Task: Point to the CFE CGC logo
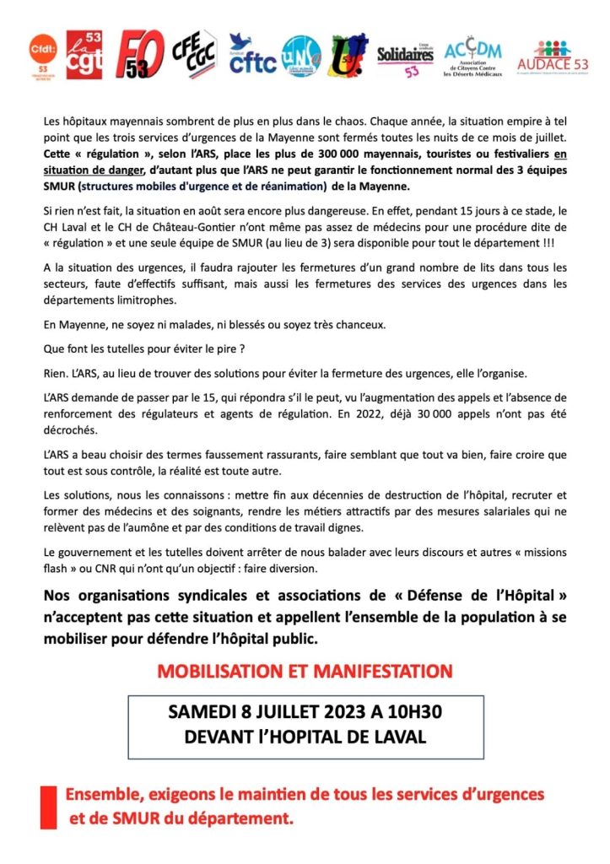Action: coord(193,53)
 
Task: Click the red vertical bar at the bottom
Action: coord(49,807)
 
